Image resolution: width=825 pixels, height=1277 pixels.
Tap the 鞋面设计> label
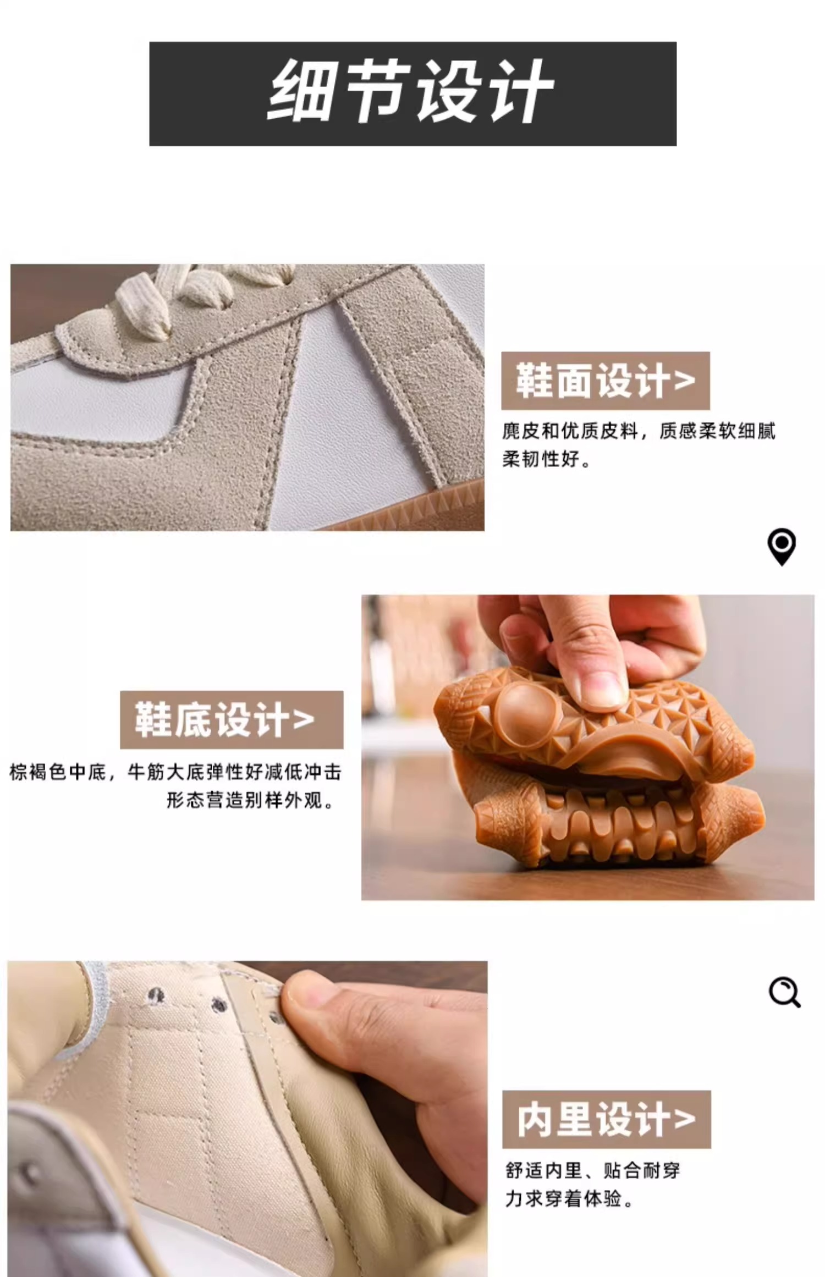[x=605, y=381]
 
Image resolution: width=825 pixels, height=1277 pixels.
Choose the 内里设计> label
[x=606, y=1119]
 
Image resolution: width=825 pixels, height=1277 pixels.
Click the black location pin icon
[x=782, y=547]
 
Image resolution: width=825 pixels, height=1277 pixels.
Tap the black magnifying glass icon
[x=784, y=992]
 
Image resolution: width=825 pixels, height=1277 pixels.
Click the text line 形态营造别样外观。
[x=250, y=800]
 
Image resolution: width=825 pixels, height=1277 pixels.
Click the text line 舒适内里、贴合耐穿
[x=592, y=1170]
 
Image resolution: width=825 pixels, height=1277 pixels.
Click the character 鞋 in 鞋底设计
[x=153, y=719]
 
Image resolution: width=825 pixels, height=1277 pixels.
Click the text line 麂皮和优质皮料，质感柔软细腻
[x=639, y=431]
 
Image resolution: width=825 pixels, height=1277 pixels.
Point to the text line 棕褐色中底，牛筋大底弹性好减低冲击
[x=175, y=772]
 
